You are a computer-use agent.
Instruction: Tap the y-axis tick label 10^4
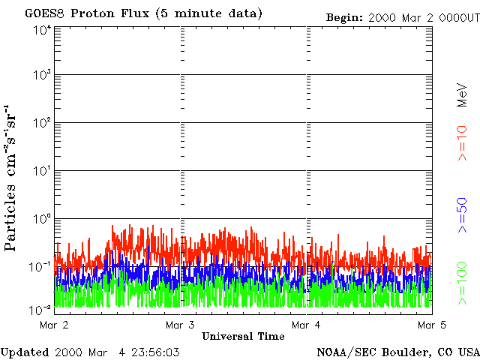point(42,29)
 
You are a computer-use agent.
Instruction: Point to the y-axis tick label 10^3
point(42,76)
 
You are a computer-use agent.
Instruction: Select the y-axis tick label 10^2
point(42,123)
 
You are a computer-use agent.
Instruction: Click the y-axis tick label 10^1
point(42,171)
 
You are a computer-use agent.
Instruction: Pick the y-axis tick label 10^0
point(42,218)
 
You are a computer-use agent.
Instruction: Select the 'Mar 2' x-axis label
point(54,325)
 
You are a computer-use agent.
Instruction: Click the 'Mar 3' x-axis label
point(180,325)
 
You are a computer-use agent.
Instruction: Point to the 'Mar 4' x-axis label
point(306,325)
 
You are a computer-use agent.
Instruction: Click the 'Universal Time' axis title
point(243,336)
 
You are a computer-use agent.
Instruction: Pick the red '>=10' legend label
point(463,143)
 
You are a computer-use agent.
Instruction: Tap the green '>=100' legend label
point(463,283)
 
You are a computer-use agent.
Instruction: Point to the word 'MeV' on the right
point(463,97)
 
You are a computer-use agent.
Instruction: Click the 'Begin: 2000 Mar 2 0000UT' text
point(402,17)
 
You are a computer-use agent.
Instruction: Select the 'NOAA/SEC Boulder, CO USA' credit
point(397,352)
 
